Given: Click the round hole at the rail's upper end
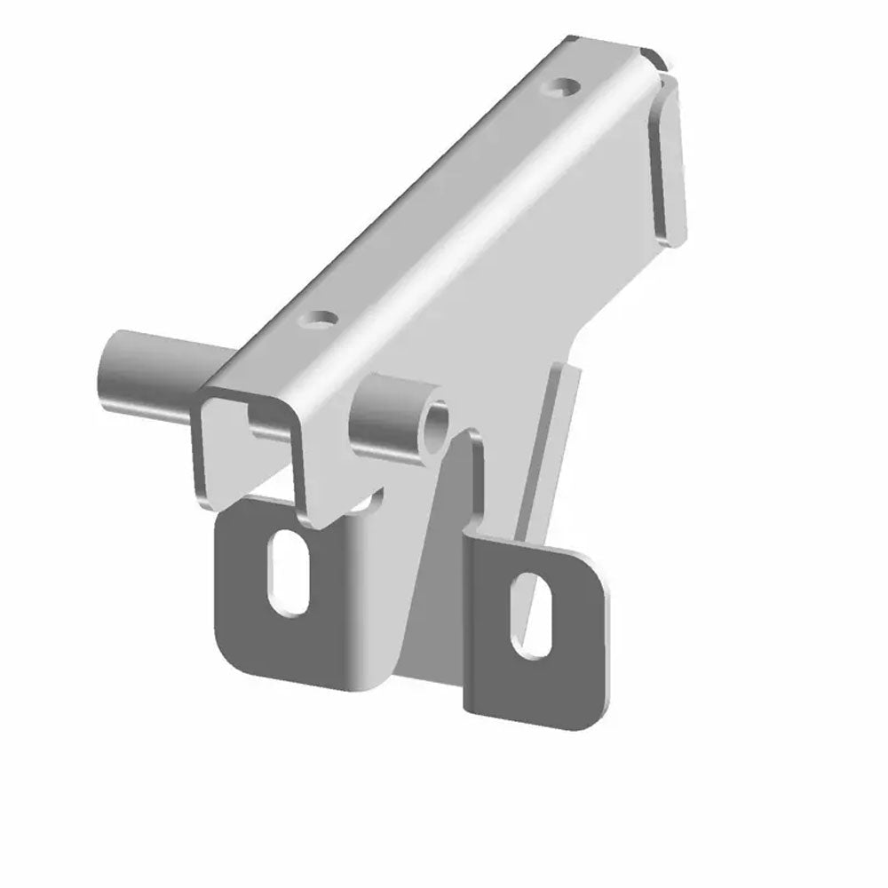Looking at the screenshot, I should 562,88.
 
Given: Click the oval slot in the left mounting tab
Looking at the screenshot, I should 289,575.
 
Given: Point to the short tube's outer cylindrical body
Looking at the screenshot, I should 391,408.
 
